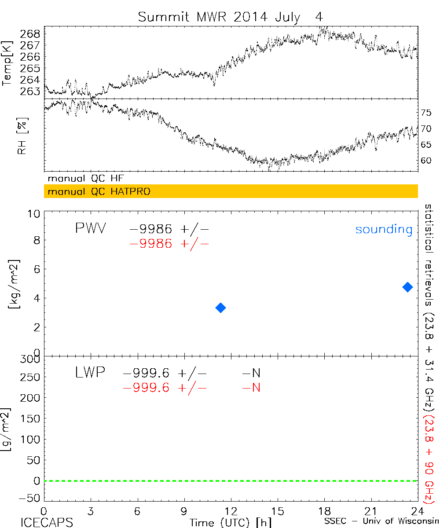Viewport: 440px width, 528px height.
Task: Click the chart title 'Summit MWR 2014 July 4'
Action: (x=231, y=17)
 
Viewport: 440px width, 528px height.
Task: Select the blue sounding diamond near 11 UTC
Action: (x=221, y=308)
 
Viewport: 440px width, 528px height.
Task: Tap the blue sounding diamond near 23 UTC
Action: (x=407, y=287)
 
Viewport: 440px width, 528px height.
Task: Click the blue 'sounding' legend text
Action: (x=384, y=229)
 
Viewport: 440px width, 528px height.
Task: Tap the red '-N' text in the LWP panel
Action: (x=251, y=388)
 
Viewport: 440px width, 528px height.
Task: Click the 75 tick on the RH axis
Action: (x=425, y=113)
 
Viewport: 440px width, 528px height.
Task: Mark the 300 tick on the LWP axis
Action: (x=31, y=359)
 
